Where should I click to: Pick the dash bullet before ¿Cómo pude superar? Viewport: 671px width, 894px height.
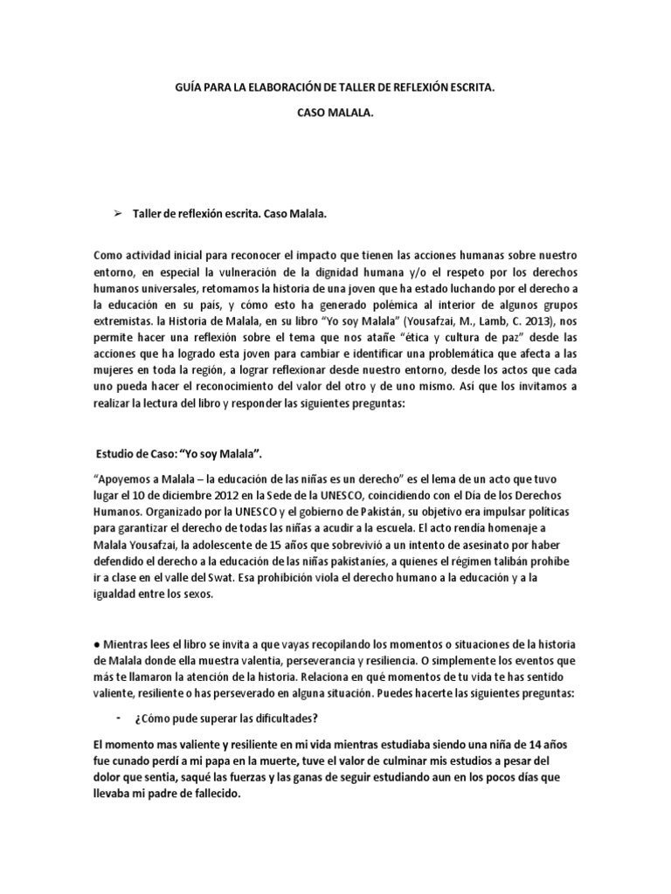[116, 717]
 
